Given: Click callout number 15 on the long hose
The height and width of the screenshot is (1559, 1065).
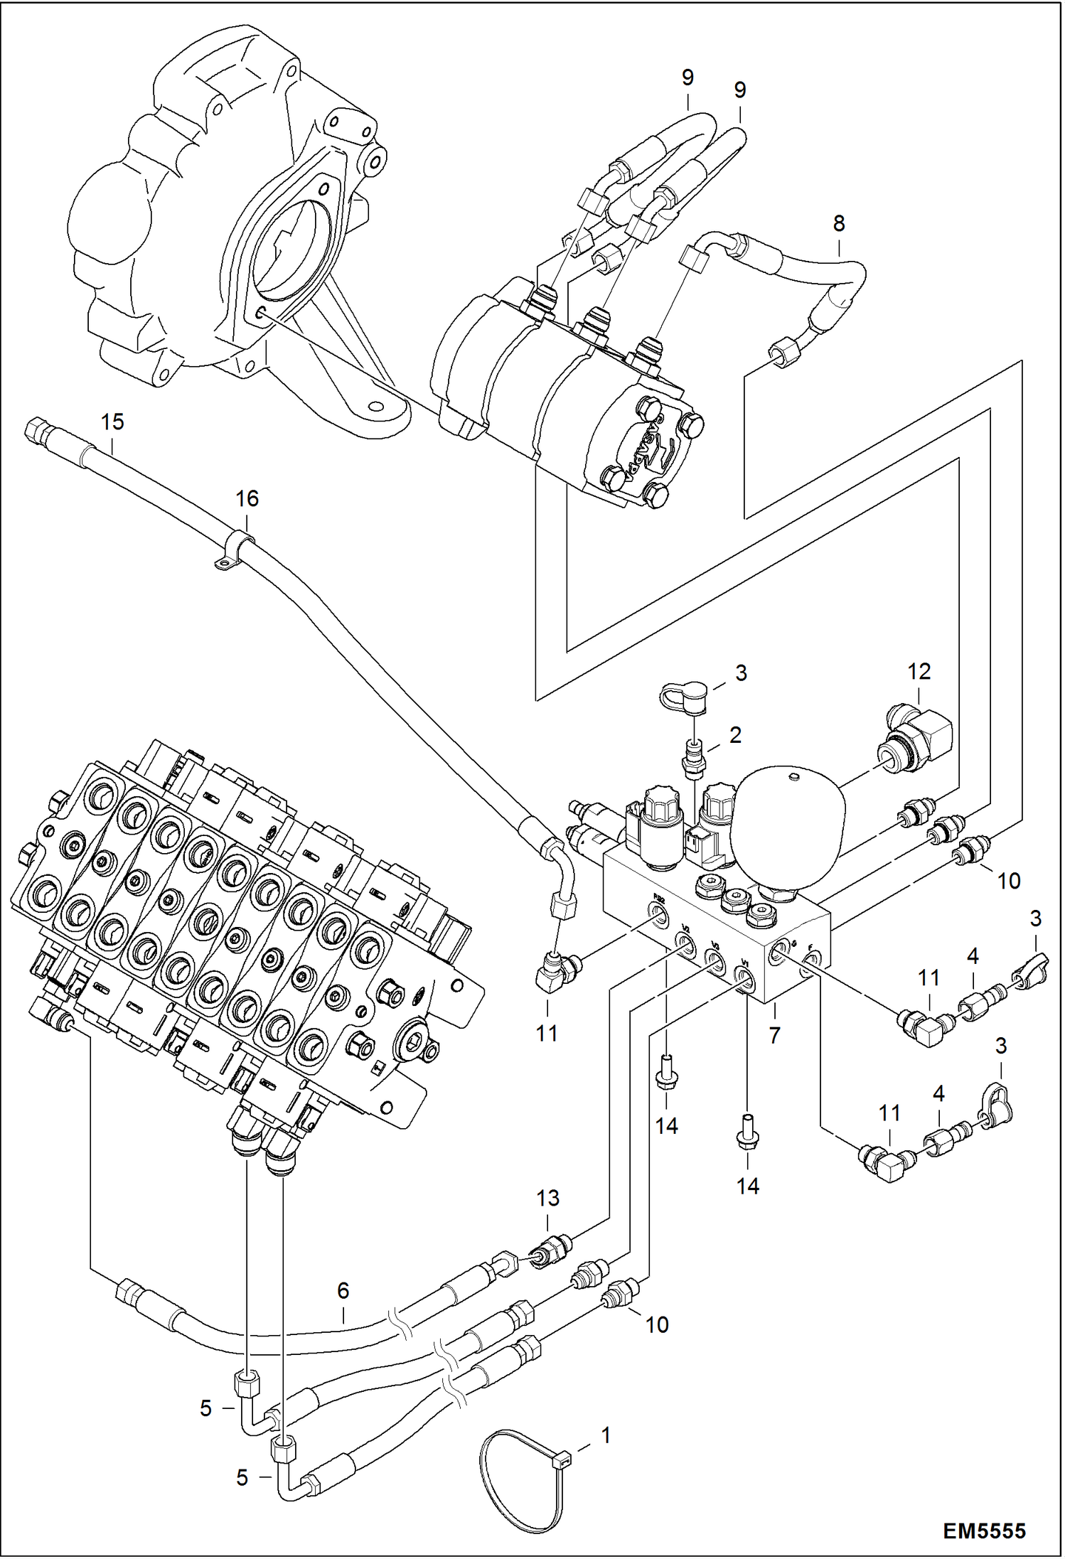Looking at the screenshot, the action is (x=112, y=422).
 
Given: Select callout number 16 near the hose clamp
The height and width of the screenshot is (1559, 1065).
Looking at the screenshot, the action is (x=247, y=498).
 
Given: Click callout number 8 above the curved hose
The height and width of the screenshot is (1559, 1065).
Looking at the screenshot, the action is (x=839, y=223).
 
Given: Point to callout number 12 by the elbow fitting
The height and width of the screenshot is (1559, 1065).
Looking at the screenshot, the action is (x=919, y=671).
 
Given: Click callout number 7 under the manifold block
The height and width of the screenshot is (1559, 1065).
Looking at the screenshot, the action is (x=775, y=1035).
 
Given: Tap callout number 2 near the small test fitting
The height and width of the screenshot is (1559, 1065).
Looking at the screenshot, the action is (x=736, y=735).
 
